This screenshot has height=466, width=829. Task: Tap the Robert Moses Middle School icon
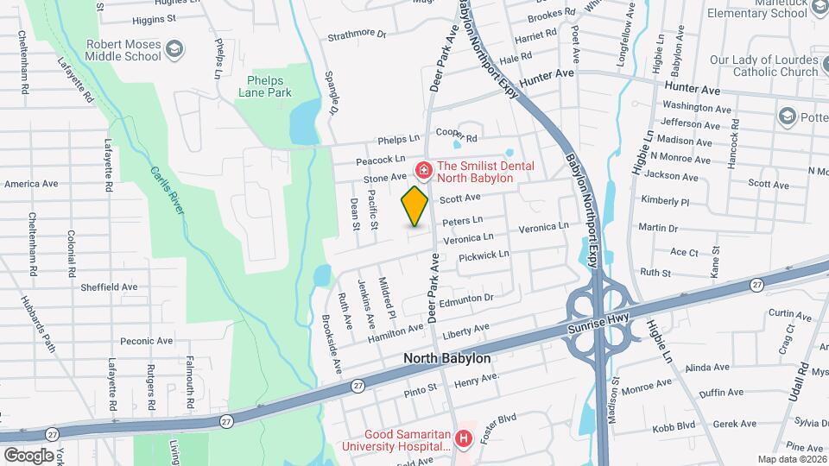click(175, 48)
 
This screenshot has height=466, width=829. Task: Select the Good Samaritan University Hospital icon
click(464, 439)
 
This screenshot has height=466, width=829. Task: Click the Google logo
click(28, 455)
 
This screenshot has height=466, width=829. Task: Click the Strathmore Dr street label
click(357, 35)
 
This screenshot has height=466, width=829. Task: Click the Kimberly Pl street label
click(665, 201)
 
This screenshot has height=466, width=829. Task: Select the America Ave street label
click(31, 184)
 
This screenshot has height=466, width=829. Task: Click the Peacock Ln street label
click(380, 160)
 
